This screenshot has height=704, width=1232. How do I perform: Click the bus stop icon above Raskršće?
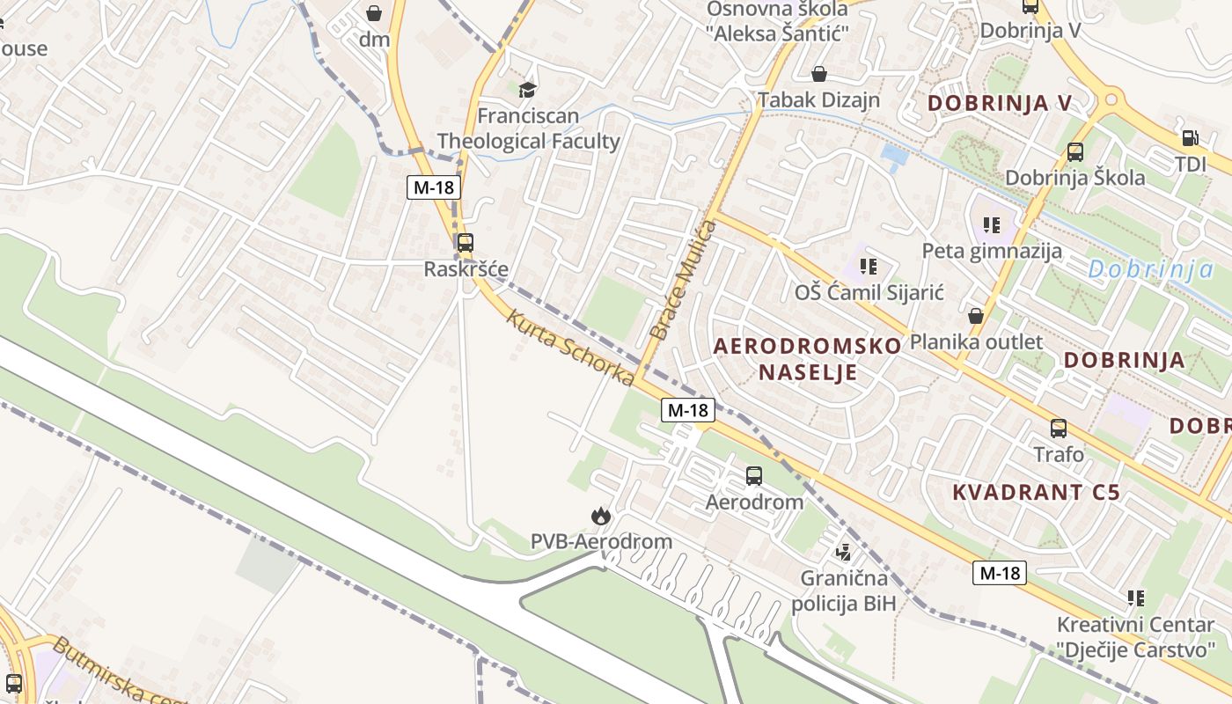(465, 243)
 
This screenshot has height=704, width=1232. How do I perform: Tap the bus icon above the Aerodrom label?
(754, 476)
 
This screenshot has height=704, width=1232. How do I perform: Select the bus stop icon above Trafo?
(1059, 429)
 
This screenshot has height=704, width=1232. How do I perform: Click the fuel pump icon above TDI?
(1190, 138)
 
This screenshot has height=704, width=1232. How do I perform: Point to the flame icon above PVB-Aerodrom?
(601, 516)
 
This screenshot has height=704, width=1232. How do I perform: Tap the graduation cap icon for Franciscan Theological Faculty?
(527, 90)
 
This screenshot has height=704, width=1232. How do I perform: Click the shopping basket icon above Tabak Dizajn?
(819, 74)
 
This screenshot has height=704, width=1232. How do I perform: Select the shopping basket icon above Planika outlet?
(976, 316)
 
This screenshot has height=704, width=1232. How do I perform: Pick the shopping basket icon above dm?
(374, 13)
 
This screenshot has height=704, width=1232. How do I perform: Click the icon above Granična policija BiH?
(843, 553)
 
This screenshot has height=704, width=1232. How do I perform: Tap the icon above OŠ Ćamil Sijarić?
(869, 266)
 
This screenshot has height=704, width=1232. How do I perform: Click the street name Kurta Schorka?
(569, 347)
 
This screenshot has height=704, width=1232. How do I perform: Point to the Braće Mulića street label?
(683, 281)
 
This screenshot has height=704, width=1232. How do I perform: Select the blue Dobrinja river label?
(1150, 269)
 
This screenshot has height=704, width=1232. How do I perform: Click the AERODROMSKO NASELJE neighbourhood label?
(808, 358)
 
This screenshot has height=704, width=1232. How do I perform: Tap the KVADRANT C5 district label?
(1037, 492)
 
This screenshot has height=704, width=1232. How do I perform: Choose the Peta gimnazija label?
(992, 251)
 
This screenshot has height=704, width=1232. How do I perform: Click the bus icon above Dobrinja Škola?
(1075, 151)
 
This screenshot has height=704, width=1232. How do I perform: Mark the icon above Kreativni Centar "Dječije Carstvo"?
(1136, 598)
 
